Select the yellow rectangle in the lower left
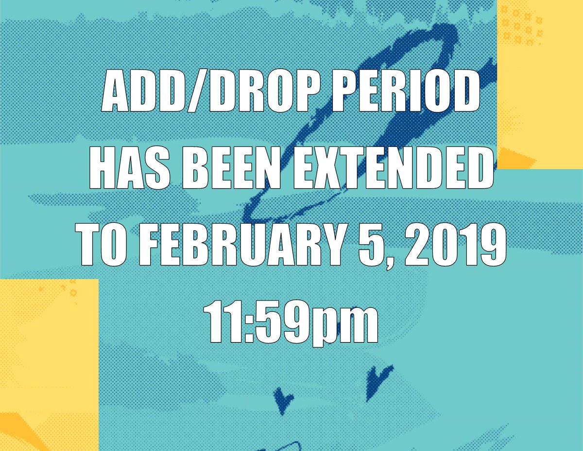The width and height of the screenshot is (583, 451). tap(49, 365)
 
